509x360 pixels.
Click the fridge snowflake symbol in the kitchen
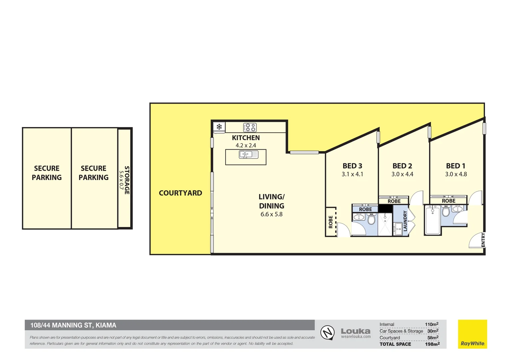tap(219, 127)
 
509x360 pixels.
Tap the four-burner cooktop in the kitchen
tap(250, 127)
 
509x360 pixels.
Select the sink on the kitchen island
tap(249, 155)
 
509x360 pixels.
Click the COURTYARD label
tap(181, 193)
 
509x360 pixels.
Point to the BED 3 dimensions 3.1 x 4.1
tap(352, 174)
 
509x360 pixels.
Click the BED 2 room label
tap(402, 166)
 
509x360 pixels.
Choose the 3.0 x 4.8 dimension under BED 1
tap(456, 174)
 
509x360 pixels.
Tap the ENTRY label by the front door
tap(483, 239)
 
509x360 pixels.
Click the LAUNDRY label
tap(405, 221)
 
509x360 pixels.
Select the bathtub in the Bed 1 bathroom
tap(433, 220)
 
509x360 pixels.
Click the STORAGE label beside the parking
tap(127, 180)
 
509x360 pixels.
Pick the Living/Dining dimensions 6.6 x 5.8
tap(271, 214)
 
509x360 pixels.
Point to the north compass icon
tap(327, 333)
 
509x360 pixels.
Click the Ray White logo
tap(472, 334)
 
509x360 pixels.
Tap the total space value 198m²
tap(432, 344)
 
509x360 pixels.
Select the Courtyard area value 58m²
tap(433, 337)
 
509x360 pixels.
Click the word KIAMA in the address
tap(106, 325)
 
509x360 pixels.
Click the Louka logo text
tap(356, 331)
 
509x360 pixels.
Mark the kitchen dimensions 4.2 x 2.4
tap(246, 146)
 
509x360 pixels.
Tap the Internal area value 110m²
tap(432, 324)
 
